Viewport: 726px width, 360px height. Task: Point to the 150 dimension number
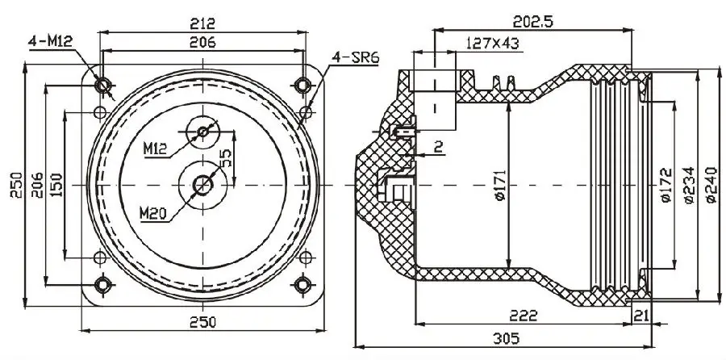[56, 185]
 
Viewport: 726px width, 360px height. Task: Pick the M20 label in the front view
[154, 213]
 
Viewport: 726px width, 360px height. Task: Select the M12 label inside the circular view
[156, 149]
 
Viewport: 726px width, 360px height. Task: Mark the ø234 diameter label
[688, 186]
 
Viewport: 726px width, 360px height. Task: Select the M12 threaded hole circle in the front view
[202, 130]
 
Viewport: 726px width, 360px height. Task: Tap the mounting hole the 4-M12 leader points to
[102, 85]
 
